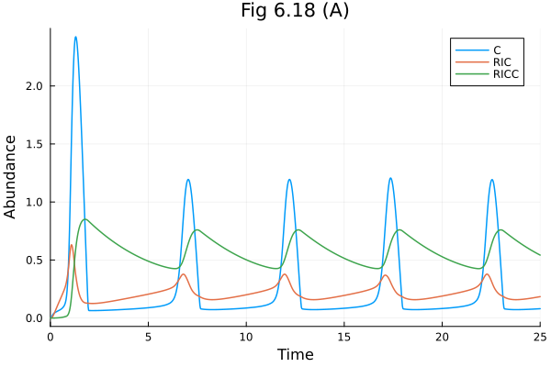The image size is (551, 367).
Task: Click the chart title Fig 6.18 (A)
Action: point(295,12)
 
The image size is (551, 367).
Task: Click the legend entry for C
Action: point(497,50)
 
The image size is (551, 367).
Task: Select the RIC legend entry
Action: point(501,63)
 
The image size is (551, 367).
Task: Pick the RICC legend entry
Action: point(505,77)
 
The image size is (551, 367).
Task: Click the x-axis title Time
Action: point(295,354)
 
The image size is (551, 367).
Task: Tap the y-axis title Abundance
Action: point(11,176)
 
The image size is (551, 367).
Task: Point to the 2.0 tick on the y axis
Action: point(34,86)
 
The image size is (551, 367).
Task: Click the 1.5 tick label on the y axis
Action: point(34,144)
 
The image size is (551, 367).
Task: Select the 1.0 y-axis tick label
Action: point(34,202)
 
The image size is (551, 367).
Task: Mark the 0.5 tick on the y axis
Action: point(34,261)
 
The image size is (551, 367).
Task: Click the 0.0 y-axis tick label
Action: point(34,318)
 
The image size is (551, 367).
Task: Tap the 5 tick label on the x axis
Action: point(148,337)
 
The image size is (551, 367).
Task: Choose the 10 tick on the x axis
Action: point(246,337)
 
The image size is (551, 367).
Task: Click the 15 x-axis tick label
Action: point(343,337)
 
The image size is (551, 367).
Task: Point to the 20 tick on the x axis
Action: point(442,337)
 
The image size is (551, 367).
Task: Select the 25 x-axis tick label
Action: point(539,337)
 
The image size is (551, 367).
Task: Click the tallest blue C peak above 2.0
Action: point(75,38)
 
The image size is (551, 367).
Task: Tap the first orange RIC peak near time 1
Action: point(72,245)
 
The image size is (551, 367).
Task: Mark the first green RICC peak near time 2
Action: point(85,219)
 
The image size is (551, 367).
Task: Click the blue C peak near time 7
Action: point(188,180)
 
